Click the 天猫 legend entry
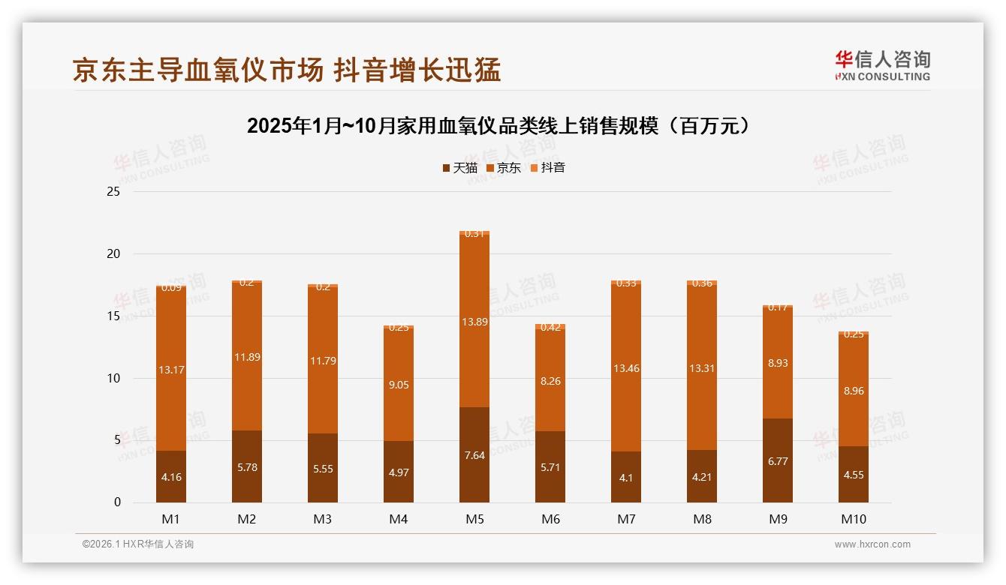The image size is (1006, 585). tap(460, 167)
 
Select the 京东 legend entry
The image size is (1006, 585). tap(504, 167)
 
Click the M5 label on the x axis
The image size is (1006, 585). tap(474, 519)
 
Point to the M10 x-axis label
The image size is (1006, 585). tap(854, 519)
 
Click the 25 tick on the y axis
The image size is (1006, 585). tap(113, 192)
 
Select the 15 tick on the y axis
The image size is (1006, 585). tap(113, 316)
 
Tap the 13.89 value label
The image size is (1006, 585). tap(474, 321)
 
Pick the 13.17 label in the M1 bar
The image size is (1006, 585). tap(171, 369)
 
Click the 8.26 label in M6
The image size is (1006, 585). tap(550, 381)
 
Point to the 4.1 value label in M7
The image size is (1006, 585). tap(626, 477)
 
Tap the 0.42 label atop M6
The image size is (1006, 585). tap(550, 327)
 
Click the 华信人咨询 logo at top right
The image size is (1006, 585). tap(882, 65)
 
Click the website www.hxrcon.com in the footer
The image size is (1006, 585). tap(872, 544)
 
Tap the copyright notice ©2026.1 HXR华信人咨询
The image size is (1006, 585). tap(138, 544)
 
